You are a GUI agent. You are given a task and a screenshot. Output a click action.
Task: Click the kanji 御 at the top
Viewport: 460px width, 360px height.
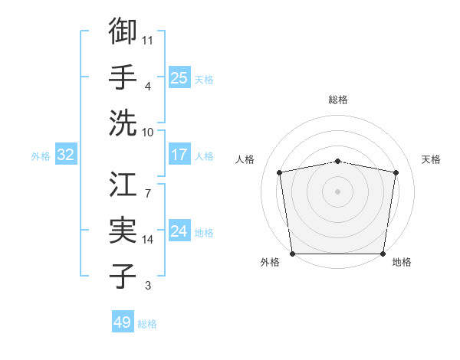tap(123, 31)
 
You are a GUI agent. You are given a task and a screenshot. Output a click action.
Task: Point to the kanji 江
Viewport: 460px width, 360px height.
tap(123, 185)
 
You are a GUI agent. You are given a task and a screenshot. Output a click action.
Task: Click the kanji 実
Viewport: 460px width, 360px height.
tap(123, 231)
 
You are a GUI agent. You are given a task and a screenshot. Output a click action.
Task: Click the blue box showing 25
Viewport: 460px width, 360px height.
tap(179, 77)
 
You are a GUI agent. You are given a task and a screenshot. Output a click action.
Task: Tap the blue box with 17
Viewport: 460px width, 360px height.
tap(179, 155)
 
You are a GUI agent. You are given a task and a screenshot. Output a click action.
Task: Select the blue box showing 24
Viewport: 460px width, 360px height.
tap(179, 231)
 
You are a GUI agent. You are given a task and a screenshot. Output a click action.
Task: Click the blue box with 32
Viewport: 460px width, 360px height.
tap(65, 155)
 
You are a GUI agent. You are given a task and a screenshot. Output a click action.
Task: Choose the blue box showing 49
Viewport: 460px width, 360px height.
tap(122, 322)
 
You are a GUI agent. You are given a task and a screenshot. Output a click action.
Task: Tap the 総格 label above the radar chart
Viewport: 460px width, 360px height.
tap(337, 100)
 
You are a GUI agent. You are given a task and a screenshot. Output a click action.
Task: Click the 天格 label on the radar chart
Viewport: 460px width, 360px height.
tap(431, 159)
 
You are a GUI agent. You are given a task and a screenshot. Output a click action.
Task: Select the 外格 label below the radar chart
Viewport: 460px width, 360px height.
tap(270, 263)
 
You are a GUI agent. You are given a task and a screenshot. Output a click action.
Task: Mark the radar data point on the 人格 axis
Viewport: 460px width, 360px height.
tap(280, 172)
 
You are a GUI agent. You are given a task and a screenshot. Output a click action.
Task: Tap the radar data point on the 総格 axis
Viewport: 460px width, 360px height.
tap(337, 161)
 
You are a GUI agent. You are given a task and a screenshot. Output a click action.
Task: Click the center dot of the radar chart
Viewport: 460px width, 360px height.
tap(337, 191)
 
